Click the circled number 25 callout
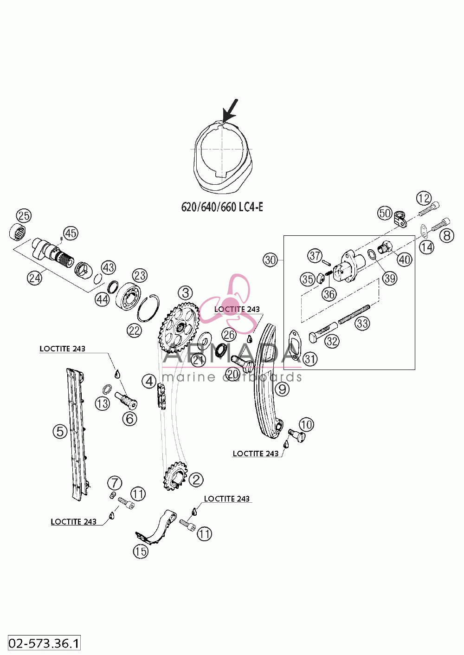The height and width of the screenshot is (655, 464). click(24, 215)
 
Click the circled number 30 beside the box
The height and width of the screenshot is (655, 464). click(271, 259)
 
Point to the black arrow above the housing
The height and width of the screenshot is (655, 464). click(230, 110)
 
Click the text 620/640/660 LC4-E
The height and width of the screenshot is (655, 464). click(222, 207)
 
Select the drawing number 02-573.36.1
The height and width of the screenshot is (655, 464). click(44, 643)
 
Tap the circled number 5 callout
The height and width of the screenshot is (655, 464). click(60, 431)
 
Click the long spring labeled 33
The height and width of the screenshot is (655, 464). click(354, 314)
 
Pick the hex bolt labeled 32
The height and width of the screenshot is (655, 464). click(323, 333)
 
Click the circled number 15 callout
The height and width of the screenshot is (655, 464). click(141, 551)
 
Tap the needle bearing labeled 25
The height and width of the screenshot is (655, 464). click(17, 233)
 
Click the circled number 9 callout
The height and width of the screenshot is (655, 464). click(282, 389)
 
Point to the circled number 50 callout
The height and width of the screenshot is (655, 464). click(385, 213)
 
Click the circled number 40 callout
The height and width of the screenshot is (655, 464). click(405, 259)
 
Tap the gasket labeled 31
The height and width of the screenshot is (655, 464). click(294, 345)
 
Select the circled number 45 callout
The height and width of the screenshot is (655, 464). click(71, 233)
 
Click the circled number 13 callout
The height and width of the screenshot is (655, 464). click(102, 404)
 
